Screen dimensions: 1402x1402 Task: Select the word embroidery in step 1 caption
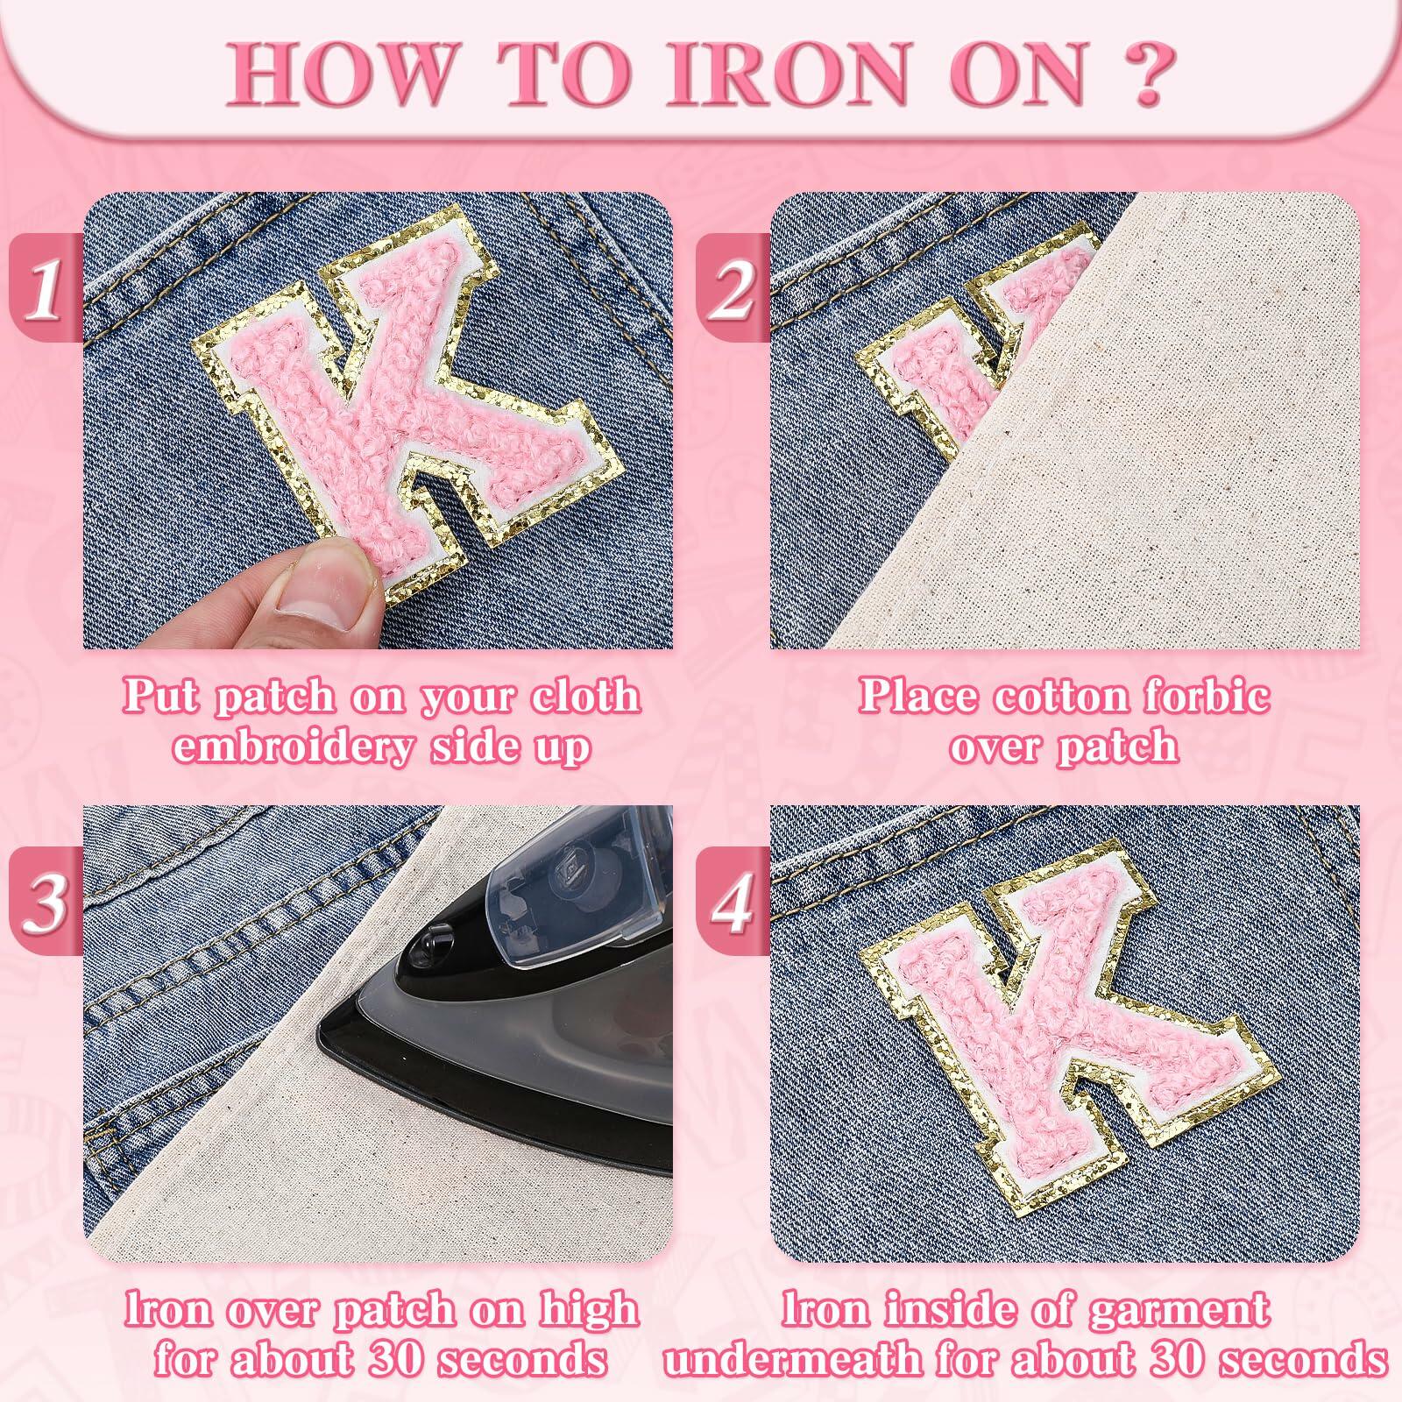(290, 747)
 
